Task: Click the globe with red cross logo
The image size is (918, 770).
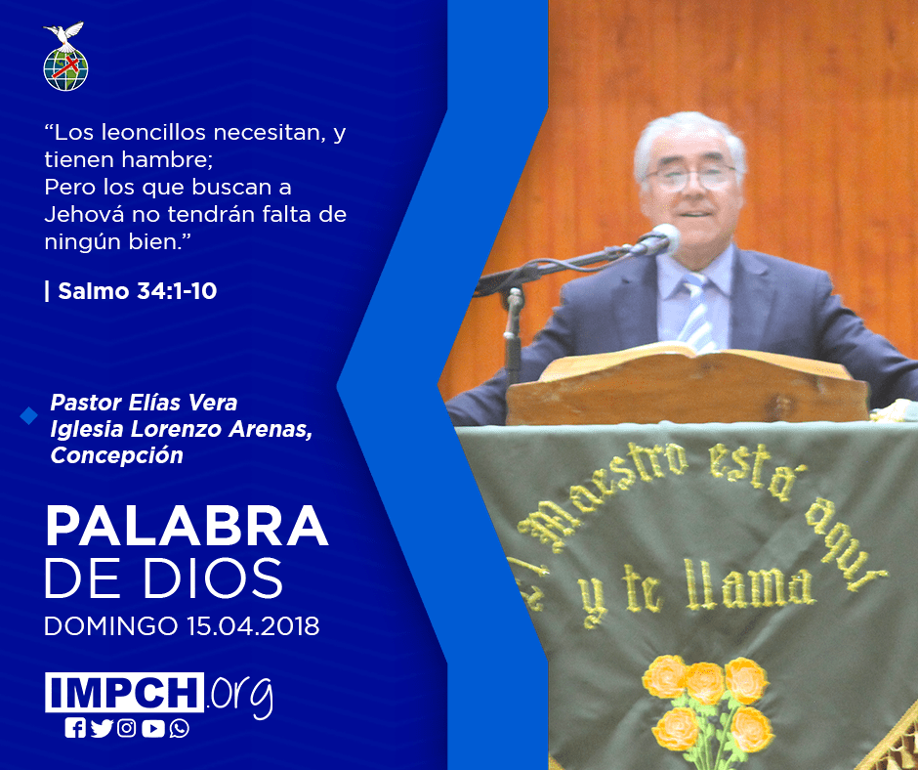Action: (65, 68)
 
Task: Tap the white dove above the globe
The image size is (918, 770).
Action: (64, 34)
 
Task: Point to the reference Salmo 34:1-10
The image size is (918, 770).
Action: (138, 291)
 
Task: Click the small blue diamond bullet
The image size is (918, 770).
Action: (28, 416)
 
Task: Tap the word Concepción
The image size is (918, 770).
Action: (116, 455)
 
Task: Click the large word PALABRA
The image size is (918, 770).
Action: (187, 527)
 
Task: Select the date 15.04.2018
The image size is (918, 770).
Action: (254, 626)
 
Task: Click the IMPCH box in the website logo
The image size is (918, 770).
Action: (124, 692)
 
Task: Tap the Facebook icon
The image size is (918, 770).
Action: (75, 728)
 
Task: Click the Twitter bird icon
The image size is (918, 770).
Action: (102, 728)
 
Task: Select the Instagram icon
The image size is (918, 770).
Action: (126, 728)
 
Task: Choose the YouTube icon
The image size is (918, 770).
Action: (152, 728)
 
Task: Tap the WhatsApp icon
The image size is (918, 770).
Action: (179, 728)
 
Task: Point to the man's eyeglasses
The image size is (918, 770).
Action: (689, 177)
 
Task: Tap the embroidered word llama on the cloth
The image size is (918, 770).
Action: (749, 586)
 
